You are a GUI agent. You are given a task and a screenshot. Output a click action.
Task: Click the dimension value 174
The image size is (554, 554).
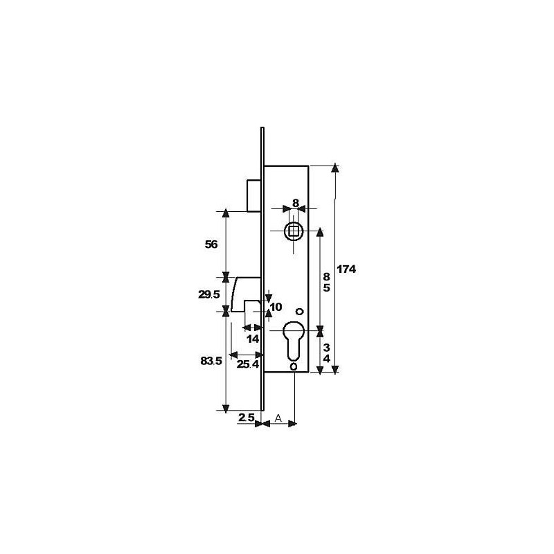(x=347, y=270)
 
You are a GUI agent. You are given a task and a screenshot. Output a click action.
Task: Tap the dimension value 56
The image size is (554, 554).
(x=212, y=244)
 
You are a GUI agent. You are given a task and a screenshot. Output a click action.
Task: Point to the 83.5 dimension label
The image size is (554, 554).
(x=210, y=361)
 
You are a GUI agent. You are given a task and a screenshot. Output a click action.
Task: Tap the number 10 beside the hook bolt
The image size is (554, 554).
(x=276, y=307)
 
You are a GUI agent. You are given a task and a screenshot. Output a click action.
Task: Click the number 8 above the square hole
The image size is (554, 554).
(x=295, y=203)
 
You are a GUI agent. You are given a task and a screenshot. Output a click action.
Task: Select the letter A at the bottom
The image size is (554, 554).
(x=278, y=418)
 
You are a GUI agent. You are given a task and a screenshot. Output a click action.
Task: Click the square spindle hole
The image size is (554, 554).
(x=294, y=230)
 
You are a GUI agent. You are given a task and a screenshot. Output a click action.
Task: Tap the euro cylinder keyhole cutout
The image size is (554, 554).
(x=294, y=340)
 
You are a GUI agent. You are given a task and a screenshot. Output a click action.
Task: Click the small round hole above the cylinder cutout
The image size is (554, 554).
(x=298, y=311)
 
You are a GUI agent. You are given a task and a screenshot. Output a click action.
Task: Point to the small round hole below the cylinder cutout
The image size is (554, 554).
(x=294, y=366)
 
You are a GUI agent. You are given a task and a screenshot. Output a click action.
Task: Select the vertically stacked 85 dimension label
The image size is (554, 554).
(x=327, y=281)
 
